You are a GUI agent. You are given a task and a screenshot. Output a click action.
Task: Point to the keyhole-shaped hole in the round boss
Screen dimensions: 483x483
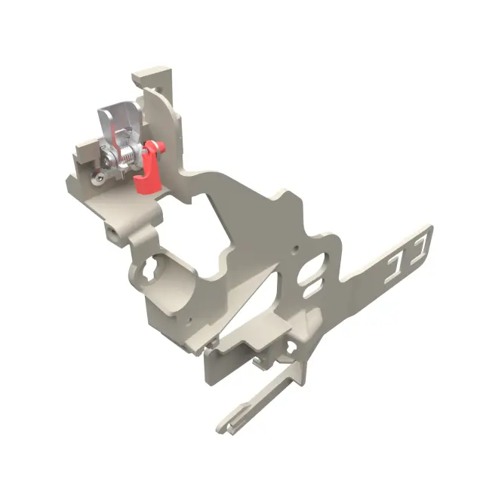point(149,269)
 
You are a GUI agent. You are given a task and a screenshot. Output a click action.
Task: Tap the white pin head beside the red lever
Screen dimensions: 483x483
point(160,145)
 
